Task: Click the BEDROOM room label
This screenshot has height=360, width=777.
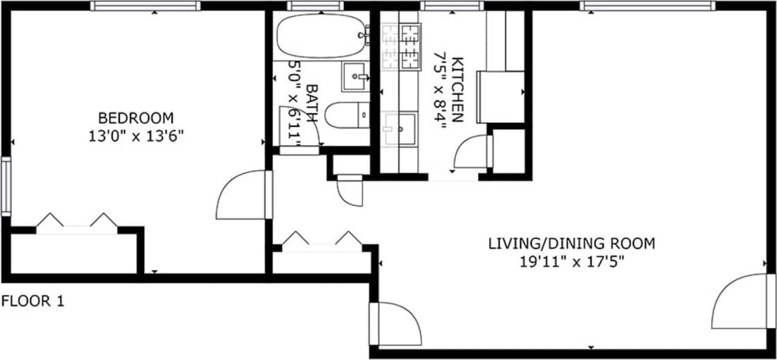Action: pyautogui.click(x=135, y=117)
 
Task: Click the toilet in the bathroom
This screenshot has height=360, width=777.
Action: pyautogui.click(x=346, y=115)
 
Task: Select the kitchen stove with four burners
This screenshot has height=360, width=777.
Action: pyautogui.click(x=402, y=46)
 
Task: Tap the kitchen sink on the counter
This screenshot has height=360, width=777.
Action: pyautogui.click(x=400, y=128)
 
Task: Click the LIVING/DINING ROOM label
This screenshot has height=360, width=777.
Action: pyautogui.click(x=572, y=243)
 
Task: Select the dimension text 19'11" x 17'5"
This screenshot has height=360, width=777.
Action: pyautogui.click(x=572, y=262)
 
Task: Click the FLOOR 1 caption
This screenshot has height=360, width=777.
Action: pyautogui.click(x=33, y=302)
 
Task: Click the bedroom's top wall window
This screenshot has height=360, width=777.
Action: pyautogui.click(x=145, y=6)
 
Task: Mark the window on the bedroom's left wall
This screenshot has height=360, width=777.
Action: pyautogui.click(x=6, y=187)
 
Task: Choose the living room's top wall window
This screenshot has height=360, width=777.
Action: pyautogui.click(x=647, y=6)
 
